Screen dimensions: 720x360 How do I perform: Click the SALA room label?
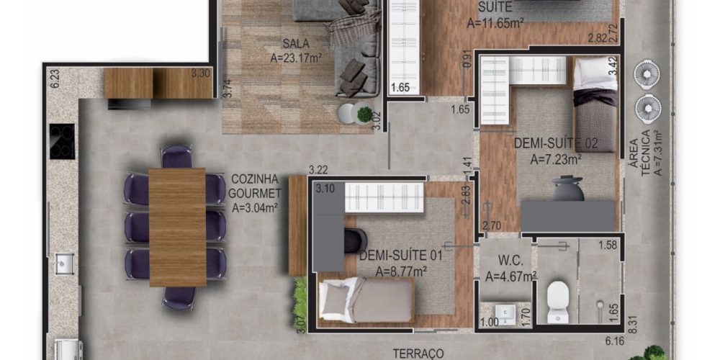pyautogui.click(x=296, y=44)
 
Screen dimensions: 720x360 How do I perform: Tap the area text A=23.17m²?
pyautogui.click(x=296, y=58)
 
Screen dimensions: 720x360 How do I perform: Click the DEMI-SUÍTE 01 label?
pyautogui.click(x=400, y=256)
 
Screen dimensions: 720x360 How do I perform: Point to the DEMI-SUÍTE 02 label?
pyautogui.click(x=556, y=144)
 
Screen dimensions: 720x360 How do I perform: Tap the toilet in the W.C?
pyautogui.click(x=559, y=301)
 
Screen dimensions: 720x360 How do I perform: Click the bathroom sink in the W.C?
pyautogui.click(x=506, y=313)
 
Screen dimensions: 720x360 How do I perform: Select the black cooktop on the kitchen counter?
pyautogui.click(x=62, y=141)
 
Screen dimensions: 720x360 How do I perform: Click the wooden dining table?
pyautogui.click(x=177, y=228)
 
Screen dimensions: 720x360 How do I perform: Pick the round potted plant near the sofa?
pyautogui.click(x=365, y=114)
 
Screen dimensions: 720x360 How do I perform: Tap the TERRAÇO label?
pyautogui.click(x=418, y=354)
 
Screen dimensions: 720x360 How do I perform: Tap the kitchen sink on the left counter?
pyautogui.click(x=64, y=264)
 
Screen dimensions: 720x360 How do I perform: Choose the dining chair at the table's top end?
pyautogui.click(x=177, y=156)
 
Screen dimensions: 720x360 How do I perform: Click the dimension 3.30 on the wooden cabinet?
pyautogui.click(x=200, y=72)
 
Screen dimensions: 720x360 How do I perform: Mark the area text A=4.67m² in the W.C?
pyautogui.click(x=511, y=276)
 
